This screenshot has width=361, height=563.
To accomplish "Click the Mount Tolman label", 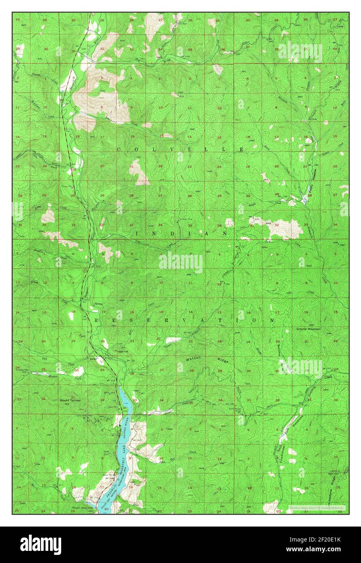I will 70,400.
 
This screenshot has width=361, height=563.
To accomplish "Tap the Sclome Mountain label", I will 308,329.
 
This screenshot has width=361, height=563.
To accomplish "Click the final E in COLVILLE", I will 241,149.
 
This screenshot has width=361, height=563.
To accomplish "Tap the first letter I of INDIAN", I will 137,234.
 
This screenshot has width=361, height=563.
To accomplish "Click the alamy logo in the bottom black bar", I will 41,545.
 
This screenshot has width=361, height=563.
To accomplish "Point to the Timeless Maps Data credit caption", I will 316,507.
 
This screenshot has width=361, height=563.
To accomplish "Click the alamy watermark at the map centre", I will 181,262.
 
